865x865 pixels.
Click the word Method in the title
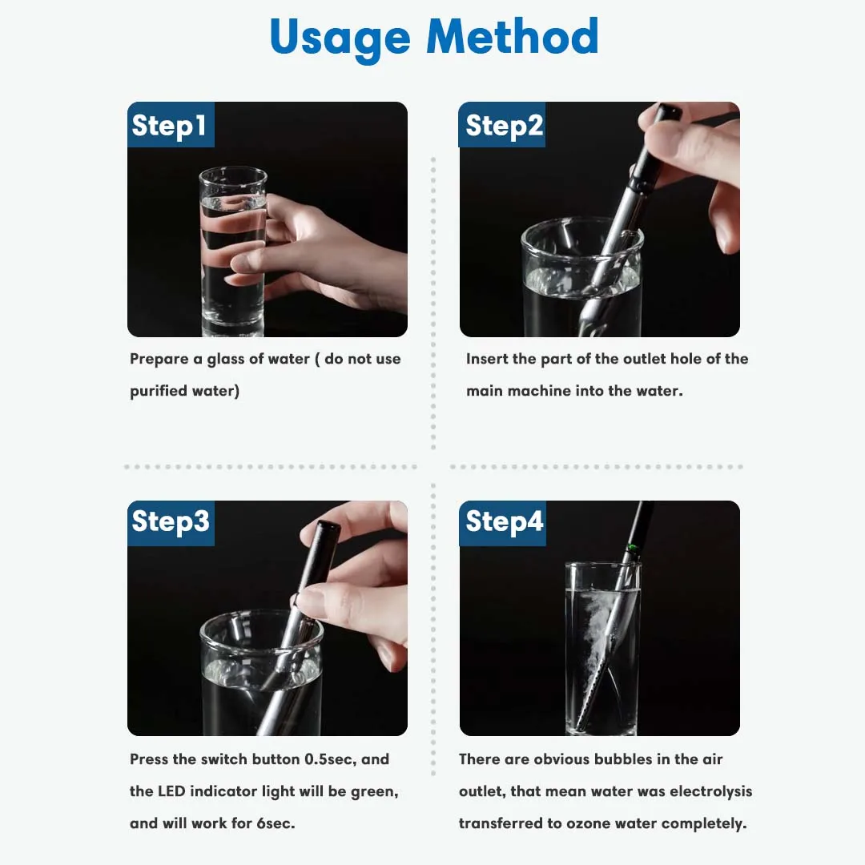(513, 36)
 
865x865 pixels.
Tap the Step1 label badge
(171, 125)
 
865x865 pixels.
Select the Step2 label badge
(502, 125)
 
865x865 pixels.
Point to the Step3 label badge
(171, 523)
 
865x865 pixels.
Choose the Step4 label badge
(502, 523)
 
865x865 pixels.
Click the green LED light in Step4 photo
(632, 549)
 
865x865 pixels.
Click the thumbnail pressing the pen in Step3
(304, 598)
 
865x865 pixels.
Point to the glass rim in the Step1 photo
(233, 176)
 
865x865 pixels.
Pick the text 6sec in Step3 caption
(276, 823)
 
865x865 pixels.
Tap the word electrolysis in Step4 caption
(711, 791)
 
